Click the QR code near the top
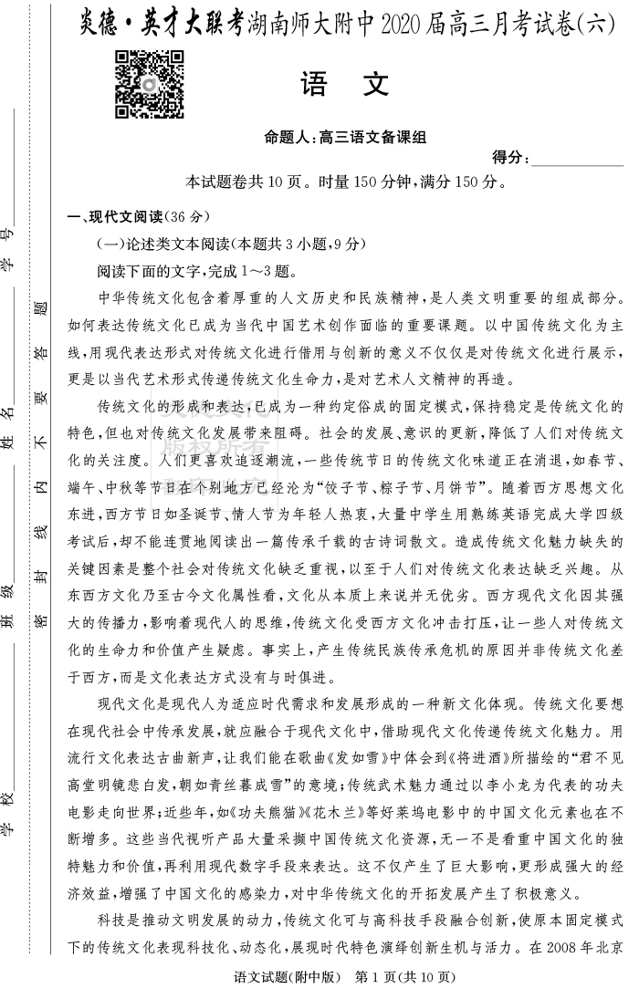pos(150,85)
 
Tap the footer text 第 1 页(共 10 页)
pos(403,978)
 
